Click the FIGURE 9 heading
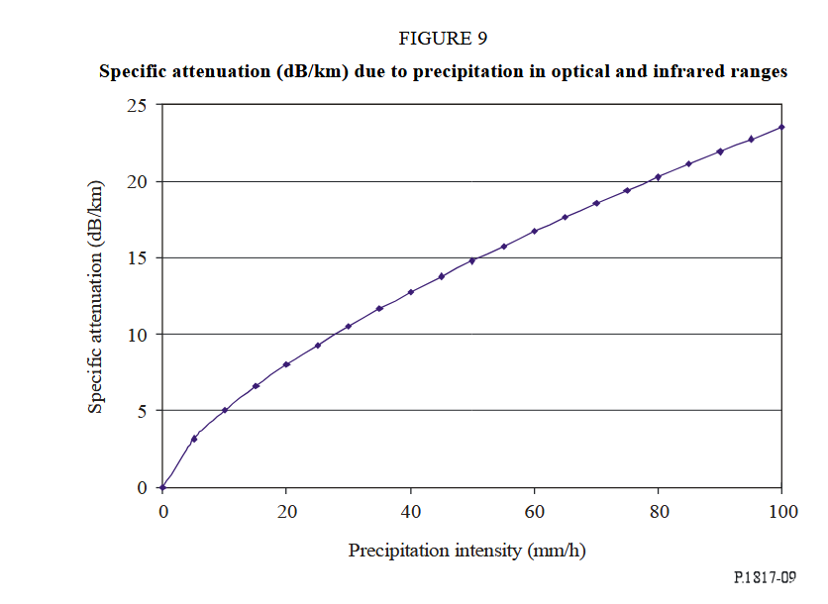coord(443,39)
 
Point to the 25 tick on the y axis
coord(136,105)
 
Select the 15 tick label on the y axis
coord(136,257)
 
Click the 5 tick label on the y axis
coord(141,410)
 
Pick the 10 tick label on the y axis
coord(136,334)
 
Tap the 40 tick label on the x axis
coord(410,511)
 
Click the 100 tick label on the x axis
coord(782,511)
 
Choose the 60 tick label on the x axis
coord(534,511)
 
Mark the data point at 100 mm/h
coord(782,127)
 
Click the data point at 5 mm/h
coord(194,438)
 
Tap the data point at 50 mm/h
coord(472,260)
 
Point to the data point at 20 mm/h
coord(286,364)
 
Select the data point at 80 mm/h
coord(659,177)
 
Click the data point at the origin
coord(162,487)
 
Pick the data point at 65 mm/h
coord(566,218)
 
